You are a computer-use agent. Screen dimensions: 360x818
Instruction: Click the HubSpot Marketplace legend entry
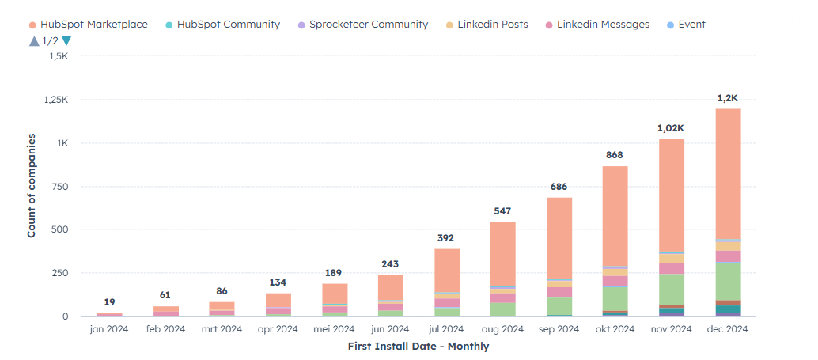tap(87, 25)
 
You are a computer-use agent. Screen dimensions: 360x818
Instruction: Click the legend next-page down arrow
tap(66, 41)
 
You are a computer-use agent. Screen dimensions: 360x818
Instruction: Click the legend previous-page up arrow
tap(33, 41)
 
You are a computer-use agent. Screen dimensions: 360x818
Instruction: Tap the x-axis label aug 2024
tap(502, 329)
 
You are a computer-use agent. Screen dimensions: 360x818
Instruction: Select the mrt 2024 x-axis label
tap(222, 329)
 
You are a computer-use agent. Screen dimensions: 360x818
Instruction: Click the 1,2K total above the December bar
tap(727, 98)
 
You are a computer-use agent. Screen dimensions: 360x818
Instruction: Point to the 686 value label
tap(559, 187)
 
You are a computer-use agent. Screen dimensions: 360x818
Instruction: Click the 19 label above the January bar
tap(109, 302)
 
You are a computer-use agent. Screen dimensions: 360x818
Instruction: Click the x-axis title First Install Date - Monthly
tap(418, 347)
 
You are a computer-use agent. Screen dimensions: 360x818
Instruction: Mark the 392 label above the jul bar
tap(446, 238)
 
